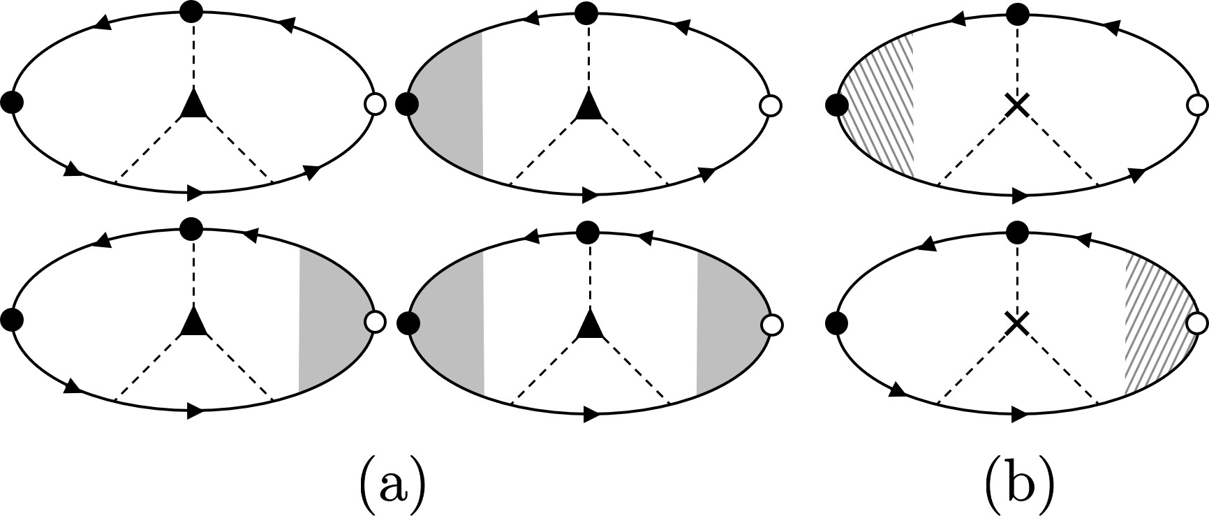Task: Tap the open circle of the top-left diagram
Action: pyautogui.click(x=375, y=105)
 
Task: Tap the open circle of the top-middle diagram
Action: pyautogui.click(x=771, y=106)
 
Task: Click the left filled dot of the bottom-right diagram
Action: pyautogui.click(x=836, y=323)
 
